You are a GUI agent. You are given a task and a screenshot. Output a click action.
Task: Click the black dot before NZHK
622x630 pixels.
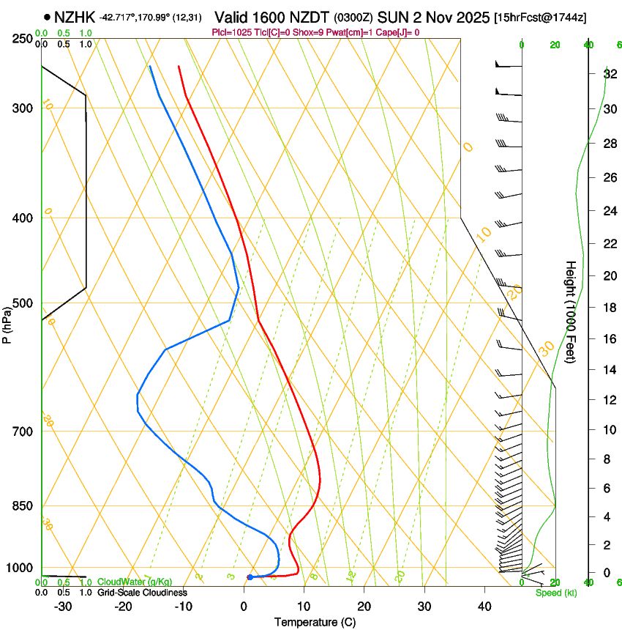click(47, 16)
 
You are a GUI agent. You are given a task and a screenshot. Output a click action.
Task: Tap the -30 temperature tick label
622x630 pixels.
click(63, 607)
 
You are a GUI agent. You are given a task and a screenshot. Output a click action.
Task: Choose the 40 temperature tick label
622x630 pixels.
click(484, 607)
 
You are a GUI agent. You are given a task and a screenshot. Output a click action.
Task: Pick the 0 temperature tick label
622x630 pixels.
click(244, 607)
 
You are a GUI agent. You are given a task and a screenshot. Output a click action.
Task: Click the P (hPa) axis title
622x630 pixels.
click(7, 323)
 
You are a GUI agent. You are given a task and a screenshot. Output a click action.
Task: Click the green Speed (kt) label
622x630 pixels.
click(555, 593)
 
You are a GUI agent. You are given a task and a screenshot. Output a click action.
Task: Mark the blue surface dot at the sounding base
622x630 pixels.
click(250, 577)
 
